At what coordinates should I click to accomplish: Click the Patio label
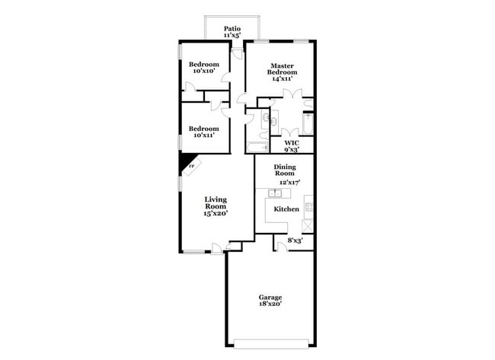point(232,29)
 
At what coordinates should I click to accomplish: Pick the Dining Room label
point(285,170)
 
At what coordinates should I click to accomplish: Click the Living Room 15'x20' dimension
point(216,213)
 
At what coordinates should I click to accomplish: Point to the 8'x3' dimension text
point(294,241)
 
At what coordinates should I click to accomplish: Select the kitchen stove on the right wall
point(308,203)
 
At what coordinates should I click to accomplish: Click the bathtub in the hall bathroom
point(256,146)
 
